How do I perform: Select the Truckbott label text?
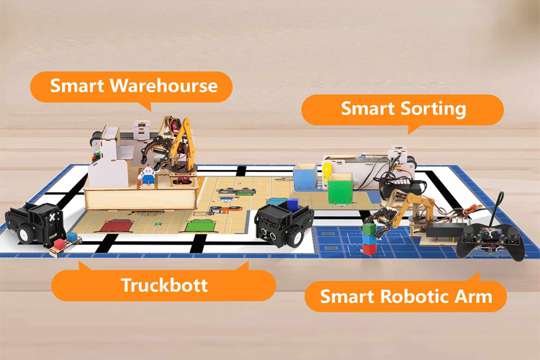[164, 284]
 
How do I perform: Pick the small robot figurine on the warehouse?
[146, 175]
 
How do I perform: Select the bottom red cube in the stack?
[369, 249]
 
